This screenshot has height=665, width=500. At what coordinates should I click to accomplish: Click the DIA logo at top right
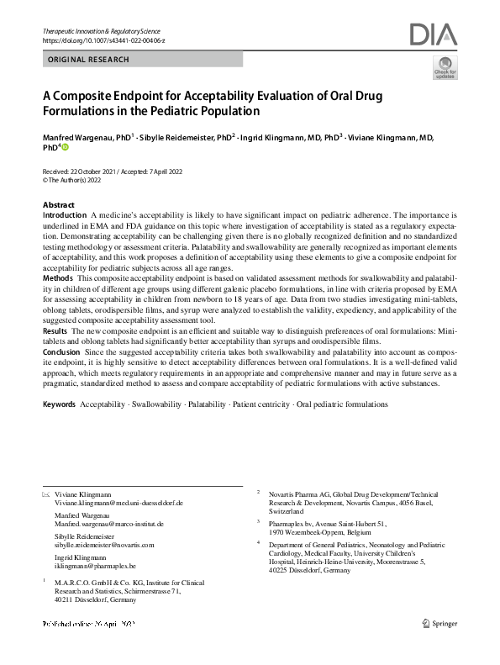point(433,34)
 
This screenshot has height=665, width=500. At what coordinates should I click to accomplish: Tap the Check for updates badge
point(443,68)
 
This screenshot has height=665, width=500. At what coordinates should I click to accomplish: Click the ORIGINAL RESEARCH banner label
point(89,60)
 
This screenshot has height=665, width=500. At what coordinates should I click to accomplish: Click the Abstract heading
point(58,205)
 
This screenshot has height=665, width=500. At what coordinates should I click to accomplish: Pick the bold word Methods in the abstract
point(57,277)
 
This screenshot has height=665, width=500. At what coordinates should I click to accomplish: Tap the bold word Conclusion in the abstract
point(63,352)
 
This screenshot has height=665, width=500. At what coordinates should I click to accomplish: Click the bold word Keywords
point(59,404)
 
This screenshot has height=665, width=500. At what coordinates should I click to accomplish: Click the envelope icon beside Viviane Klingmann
point(45,493)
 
